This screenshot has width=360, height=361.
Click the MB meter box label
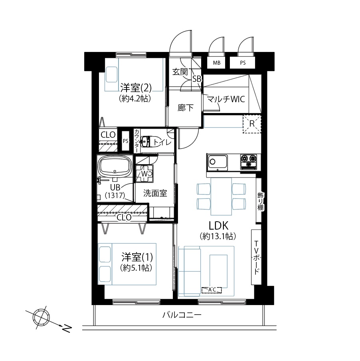[216, 63]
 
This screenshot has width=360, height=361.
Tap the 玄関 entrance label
[180, 72]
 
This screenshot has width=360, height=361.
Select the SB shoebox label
[197, 79]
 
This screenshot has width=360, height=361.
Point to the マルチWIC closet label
[225, 99]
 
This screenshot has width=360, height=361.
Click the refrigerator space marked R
[252, 124]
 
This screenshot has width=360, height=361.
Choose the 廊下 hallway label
[186, 108]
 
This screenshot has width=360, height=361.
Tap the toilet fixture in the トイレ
[145, 141]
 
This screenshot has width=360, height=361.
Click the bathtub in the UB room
[115, 166]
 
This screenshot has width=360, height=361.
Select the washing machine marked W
[144, 174]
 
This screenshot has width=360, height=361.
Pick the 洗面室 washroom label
[155, 193]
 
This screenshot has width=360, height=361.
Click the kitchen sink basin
[218, 162]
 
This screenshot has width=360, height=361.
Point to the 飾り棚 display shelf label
[260, 201]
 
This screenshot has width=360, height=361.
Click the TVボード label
[257, 258]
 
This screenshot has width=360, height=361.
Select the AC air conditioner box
[212, 290]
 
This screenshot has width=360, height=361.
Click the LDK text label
[218, 226]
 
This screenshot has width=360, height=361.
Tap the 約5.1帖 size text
[136, 268]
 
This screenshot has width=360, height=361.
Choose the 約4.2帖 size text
[135, 99]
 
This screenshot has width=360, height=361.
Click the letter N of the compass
[67, 328]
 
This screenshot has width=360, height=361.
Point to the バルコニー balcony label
[182, 315]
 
